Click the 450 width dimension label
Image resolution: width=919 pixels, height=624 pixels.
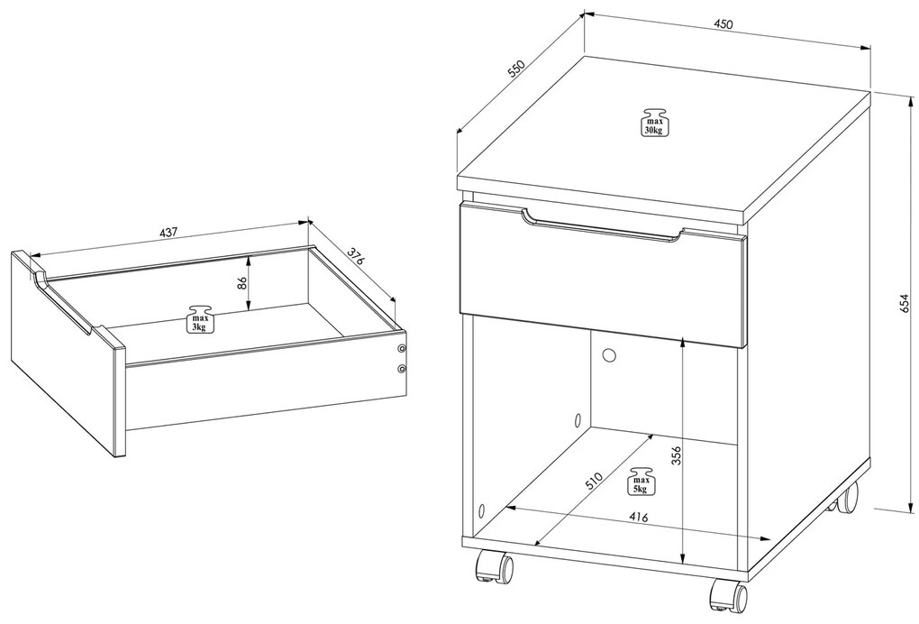coord(723,24)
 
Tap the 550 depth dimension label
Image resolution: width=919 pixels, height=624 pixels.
coord(515,69)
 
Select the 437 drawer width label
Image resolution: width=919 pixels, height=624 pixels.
coord(168,233)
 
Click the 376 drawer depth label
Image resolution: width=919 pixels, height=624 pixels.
coord(355,257)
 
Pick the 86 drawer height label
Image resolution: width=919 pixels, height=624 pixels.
coord(241,284)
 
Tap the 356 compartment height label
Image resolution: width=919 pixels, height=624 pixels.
coord(676,455)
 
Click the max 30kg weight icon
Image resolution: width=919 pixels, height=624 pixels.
coord(653,123)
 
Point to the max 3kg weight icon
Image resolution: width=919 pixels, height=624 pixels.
coord(199,319)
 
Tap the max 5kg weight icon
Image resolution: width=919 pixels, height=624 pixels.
coord(640,481)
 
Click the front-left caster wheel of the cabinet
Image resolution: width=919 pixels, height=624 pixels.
coord(494,566)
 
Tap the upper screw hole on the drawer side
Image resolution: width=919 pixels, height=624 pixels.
coord(402,349)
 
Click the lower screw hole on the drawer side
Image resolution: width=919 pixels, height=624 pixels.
coord(402,369)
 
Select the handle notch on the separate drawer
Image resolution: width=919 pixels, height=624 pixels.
coord(61,302)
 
